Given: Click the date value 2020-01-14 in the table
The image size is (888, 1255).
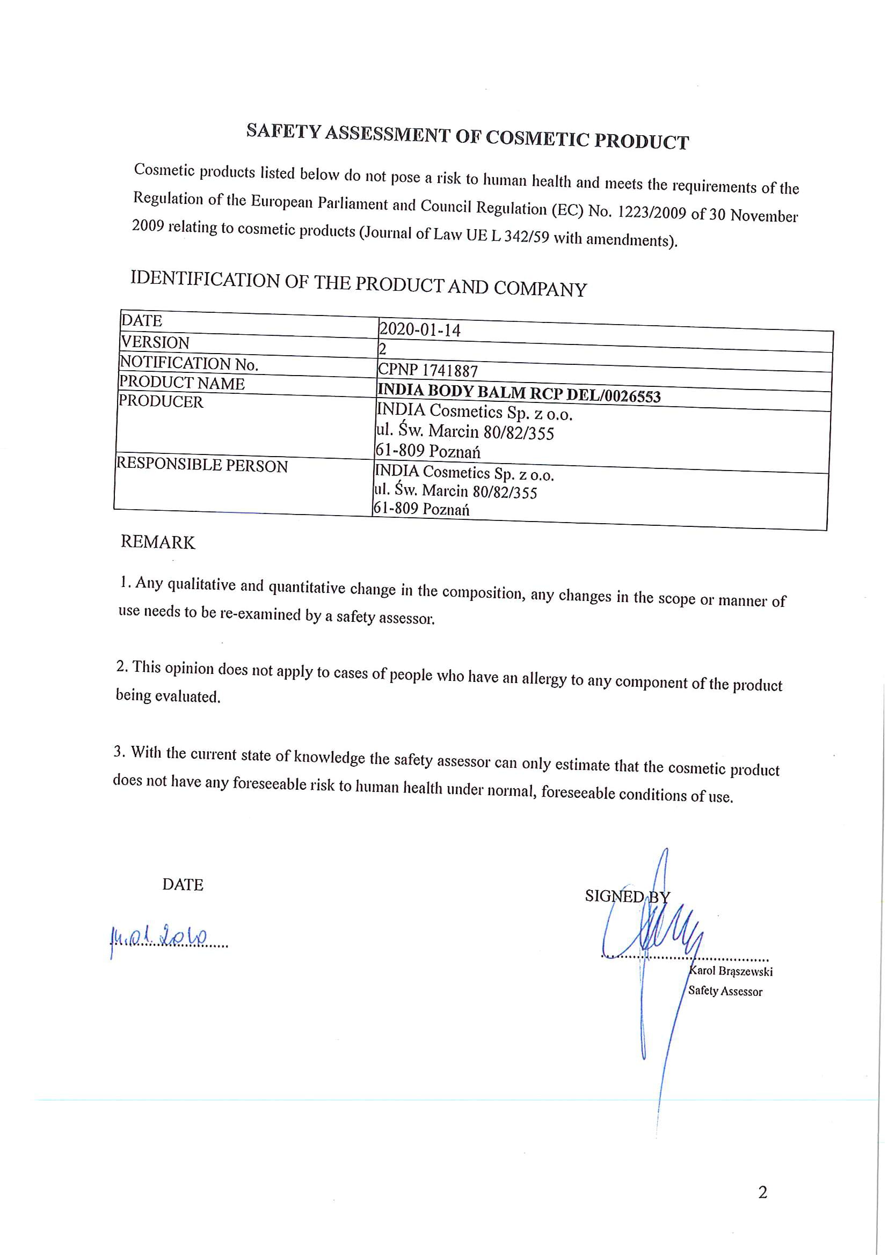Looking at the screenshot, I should coord(419,329).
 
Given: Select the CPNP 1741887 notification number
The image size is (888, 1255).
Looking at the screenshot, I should coord(427,370).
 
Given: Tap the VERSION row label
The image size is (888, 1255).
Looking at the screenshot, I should coord(155,342).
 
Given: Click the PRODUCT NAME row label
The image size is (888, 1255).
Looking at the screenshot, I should coord(181,383).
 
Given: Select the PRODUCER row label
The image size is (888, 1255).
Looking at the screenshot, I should coord(161,401).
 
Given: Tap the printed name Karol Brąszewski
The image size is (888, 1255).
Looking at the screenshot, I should coord(731,971).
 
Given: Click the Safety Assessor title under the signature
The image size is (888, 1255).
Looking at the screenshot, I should coord(725,991).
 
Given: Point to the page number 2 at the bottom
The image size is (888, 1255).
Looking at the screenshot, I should coord(763,1192).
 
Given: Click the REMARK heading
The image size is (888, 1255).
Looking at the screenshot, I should coord(157,542).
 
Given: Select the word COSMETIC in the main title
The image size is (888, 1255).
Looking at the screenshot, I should coord(537,139).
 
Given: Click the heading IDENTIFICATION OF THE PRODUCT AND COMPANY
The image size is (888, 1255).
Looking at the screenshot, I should coord(358,284).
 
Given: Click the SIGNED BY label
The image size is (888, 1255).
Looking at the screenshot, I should coord(627,897).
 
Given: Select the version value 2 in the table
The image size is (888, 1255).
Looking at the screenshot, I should coord(382,349).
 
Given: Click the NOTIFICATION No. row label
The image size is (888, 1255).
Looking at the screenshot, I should coord(188,363).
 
